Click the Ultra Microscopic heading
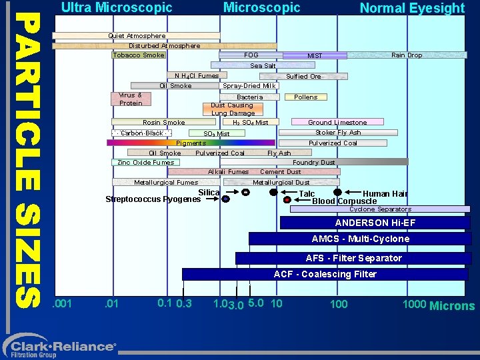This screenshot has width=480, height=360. click(x=117, y=8)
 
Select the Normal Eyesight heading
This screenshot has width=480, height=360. click(x=412, y=9)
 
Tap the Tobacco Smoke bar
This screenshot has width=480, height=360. click(x=139, y=55)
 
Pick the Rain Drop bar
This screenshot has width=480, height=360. click(x=406, y=55)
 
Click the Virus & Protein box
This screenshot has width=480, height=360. click(x=131, y=99)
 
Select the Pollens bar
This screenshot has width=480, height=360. click(x=306, y=97)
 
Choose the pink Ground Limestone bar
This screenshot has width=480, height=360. click(x=337, y=122)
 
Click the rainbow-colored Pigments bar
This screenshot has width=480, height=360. click(x=191, y=143)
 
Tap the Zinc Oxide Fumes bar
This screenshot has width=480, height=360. click(x=145, y=162)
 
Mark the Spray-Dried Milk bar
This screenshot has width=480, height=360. click(x=249, y=85)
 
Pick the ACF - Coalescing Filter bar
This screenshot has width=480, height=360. click(x=325, y=274)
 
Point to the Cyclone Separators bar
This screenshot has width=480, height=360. click(x=380, y=209)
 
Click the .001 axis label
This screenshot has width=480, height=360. click(x=63, y=305)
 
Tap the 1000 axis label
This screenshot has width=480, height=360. click(x=414, y=305)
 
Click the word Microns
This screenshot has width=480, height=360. click(x=452, y=306)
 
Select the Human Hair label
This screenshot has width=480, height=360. click(x=385, y=194)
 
